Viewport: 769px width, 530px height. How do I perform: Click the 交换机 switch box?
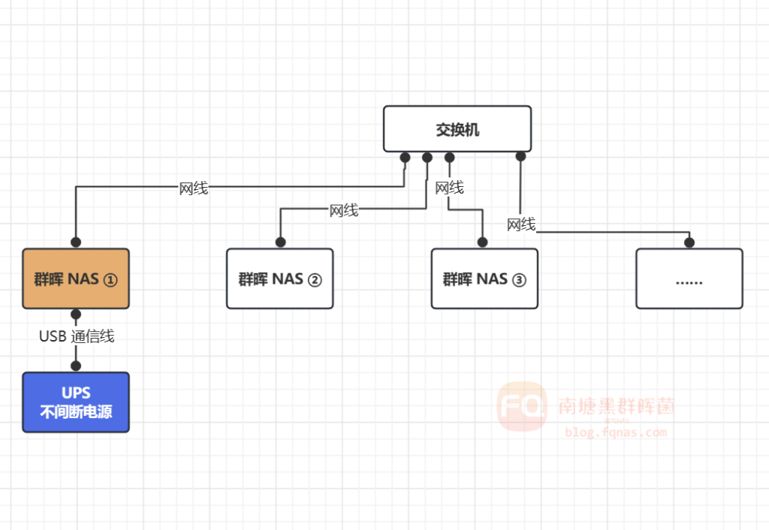tap(457, 128)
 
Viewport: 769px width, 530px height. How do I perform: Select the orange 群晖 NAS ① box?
tap(76, 279)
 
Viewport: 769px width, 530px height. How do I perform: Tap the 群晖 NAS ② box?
tap(280, 279)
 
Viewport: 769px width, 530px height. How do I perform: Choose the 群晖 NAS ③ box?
tap(484, 279)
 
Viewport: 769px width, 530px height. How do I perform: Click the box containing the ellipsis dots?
tap(689, 279)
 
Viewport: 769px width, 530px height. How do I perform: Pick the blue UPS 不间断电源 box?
tap(76, 402)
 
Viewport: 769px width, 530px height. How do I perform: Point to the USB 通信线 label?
tap(77, 336)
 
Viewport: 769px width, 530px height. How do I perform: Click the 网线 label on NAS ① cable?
tap(193, 188)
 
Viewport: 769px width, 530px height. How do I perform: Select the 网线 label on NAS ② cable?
tap(343, 210)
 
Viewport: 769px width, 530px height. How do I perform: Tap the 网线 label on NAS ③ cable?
tap(449, 187)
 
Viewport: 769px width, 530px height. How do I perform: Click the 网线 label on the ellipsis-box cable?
tap(520, 224)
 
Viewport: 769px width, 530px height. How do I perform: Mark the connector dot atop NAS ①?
tap(76, 242)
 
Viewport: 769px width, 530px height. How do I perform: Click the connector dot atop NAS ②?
tap(280, 242)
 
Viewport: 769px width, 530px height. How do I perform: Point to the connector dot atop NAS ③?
tap(482, 242)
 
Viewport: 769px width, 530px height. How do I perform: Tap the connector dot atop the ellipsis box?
tap(689, 242)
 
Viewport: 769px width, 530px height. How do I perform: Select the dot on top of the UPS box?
tap(76, 366)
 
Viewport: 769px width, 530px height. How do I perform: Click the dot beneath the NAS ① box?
tap(76, 314)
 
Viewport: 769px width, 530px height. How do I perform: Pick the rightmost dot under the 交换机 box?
tap(520, 156)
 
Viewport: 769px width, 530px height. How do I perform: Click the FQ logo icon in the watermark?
tap(521, 406)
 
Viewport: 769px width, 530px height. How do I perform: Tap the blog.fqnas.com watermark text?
tap(616, 432)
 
